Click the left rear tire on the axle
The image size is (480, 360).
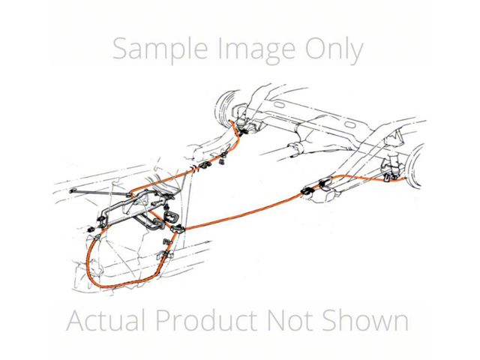[x=225, y=104]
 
